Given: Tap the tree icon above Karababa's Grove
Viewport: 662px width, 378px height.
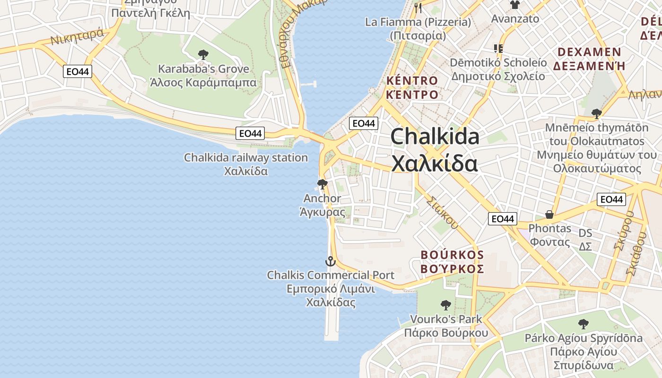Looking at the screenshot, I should (203, 55).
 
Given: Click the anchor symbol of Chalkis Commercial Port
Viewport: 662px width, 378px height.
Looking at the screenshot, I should (330, 261).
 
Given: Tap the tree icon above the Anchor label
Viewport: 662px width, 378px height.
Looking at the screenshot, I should (322, 184).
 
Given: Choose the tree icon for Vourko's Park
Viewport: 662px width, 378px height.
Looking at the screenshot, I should (445, 305).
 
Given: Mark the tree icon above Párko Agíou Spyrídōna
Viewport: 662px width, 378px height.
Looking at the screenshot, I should (584, 324).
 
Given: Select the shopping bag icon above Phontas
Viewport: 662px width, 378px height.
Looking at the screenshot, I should (549, 215).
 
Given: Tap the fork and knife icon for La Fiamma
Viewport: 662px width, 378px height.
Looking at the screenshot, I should (418, 8).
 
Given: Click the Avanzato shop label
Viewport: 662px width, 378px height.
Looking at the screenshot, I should (515, 19).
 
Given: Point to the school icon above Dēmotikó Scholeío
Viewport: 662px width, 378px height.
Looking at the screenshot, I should (498, 48).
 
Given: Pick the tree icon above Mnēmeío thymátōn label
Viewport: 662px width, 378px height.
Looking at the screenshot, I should (596, 113).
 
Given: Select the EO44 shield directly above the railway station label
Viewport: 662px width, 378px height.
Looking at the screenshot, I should (250, 133).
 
